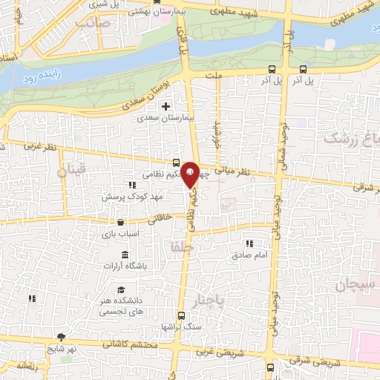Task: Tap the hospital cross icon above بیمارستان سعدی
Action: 166,106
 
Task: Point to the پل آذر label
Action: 301,79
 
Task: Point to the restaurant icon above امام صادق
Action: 250,243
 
